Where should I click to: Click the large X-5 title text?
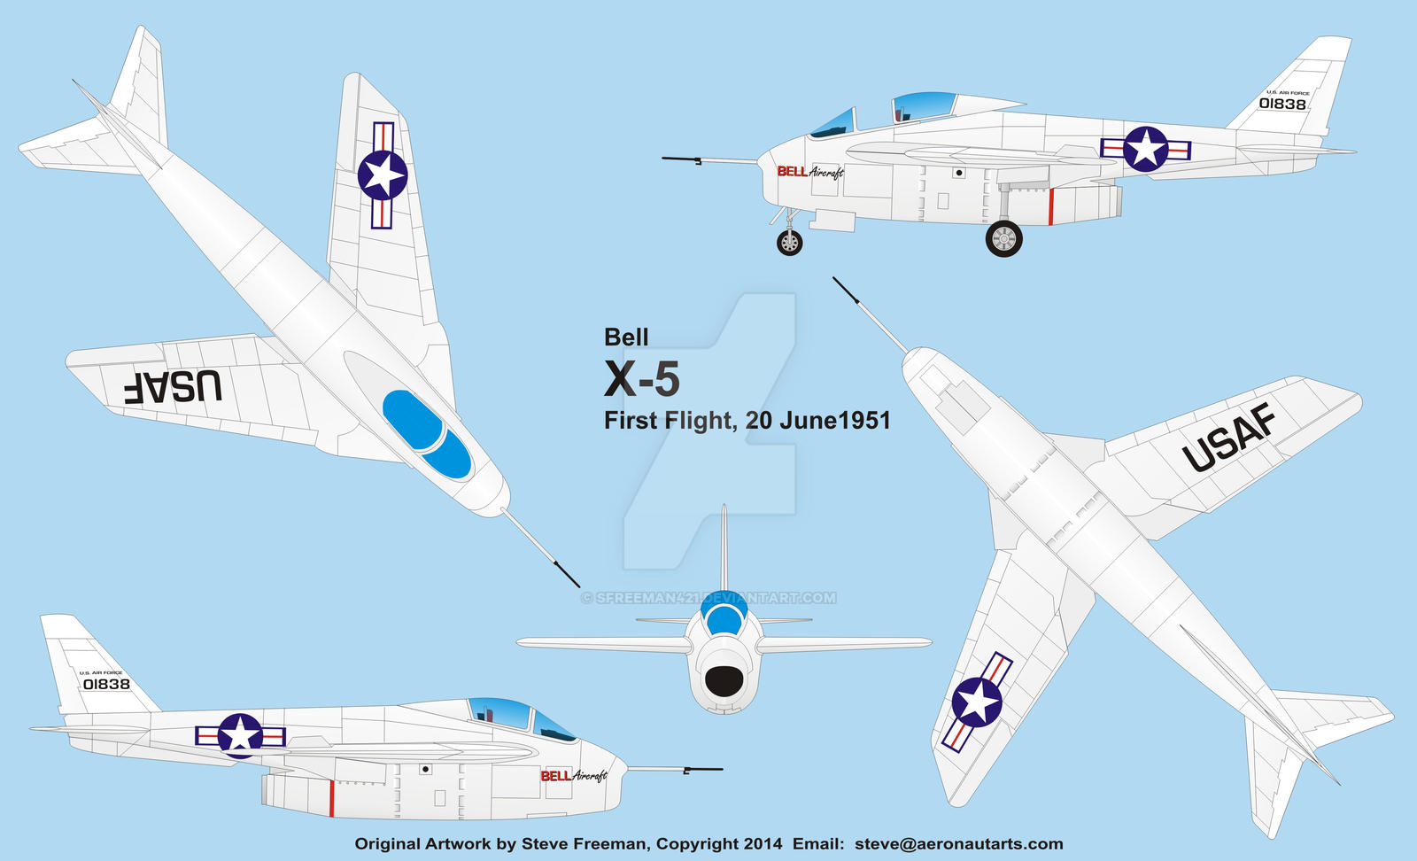[642, 380]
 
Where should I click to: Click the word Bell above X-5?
[626, 337]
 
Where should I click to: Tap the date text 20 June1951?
[817, 420]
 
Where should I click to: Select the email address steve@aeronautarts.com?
[958, 844]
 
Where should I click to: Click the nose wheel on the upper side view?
[789, 242]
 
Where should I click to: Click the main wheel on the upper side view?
[1003, 238]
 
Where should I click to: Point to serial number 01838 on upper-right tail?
[1282, 104]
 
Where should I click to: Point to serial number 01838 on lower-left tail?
[106, 684]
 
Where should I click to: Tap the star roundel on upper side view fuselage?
[1145, 149]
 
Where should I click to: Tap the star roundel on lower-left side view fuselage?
[240, 735]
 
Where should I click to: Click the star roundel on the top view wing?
[383, 175]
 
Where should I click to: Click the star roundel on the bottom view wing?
[977, 702]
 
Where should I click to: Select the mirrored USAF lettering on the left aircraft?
[174, 387]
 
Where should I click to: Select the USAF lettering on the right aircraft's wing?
[1229, 437]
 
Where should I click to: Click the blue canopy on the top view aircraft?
[427, 435]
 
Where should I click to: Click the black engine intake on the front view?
[724, 681]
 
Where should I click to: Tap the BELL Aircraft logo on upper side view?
[810, 171]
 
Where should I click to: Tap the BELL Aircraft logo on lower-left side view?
[574, 776]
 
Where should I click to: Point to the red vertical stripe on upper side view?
[1050, 206]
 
